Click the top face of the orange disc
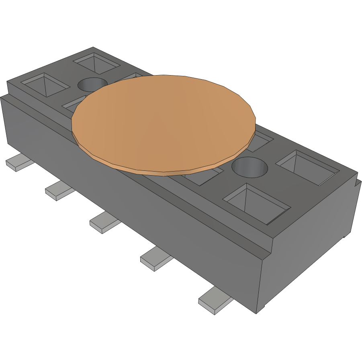[163, 123]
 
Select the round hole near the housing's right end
[250, 168]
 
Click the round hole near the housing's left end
[92, 85]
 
